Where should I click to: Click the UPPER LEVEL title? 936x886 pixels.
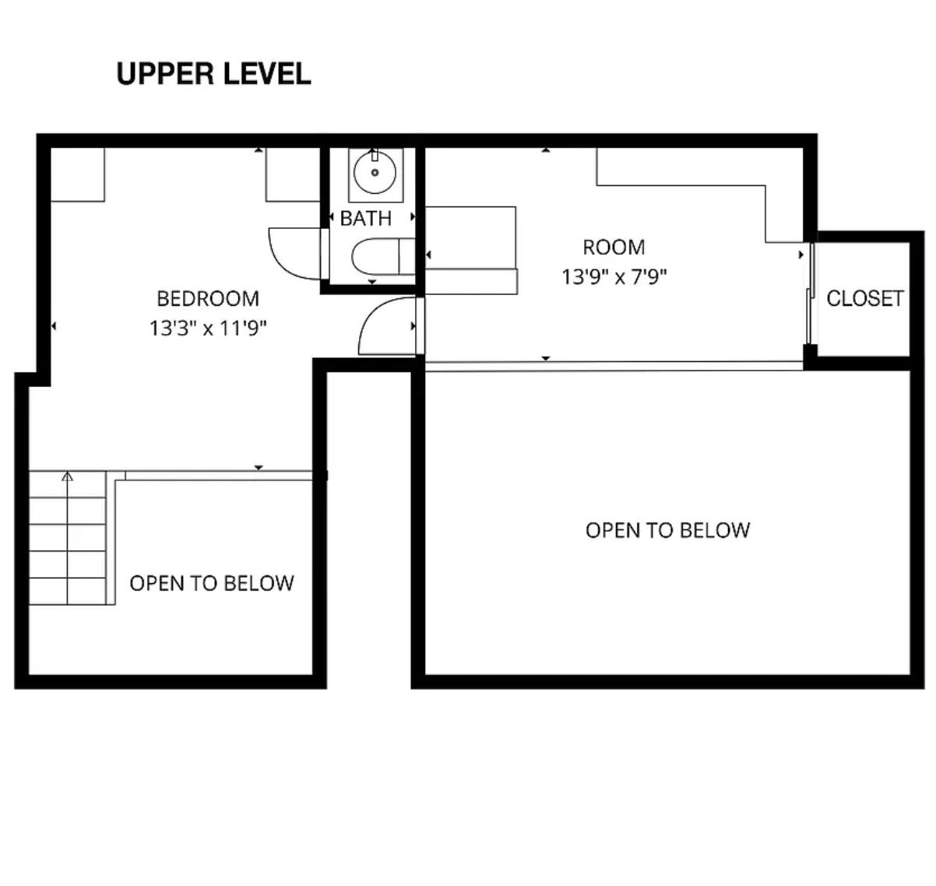[213, 74]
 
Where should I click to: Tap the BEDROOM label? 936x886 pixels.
[208, 299]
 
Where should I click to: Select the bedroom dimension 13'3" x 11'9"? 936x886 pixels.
[208, 328]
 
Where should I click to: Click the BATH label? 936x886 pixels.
[366, 219]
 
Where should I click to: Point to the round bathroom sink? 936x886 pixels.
[375, 172]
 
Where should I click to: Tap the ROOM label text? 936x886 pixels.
[614, 248]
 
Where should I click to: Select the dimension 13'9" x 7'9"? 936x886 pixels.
[614, 276]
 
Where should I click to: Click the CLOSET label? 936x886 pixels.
[864, 298]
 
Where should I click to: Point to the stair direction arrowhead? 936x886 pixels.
[68, 476]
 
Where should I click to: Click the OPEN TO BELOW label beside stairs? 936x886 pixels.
[212, 583]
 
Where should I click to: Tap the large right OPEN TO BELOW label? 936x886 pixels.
[667, 530]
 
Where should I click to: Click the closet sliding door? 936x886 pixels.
[811, 294]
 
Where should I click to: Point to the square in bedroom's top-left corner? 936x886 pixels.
[78, 174]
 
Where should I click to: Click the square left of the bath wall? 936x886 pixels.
[293, 174]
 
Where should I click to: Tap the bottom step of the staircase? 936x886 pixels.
[67, 591]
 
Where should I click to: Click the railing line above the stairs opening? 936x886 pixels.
[219, 475]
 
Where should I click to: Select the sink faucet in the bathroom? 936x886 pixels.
[375, 155]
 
